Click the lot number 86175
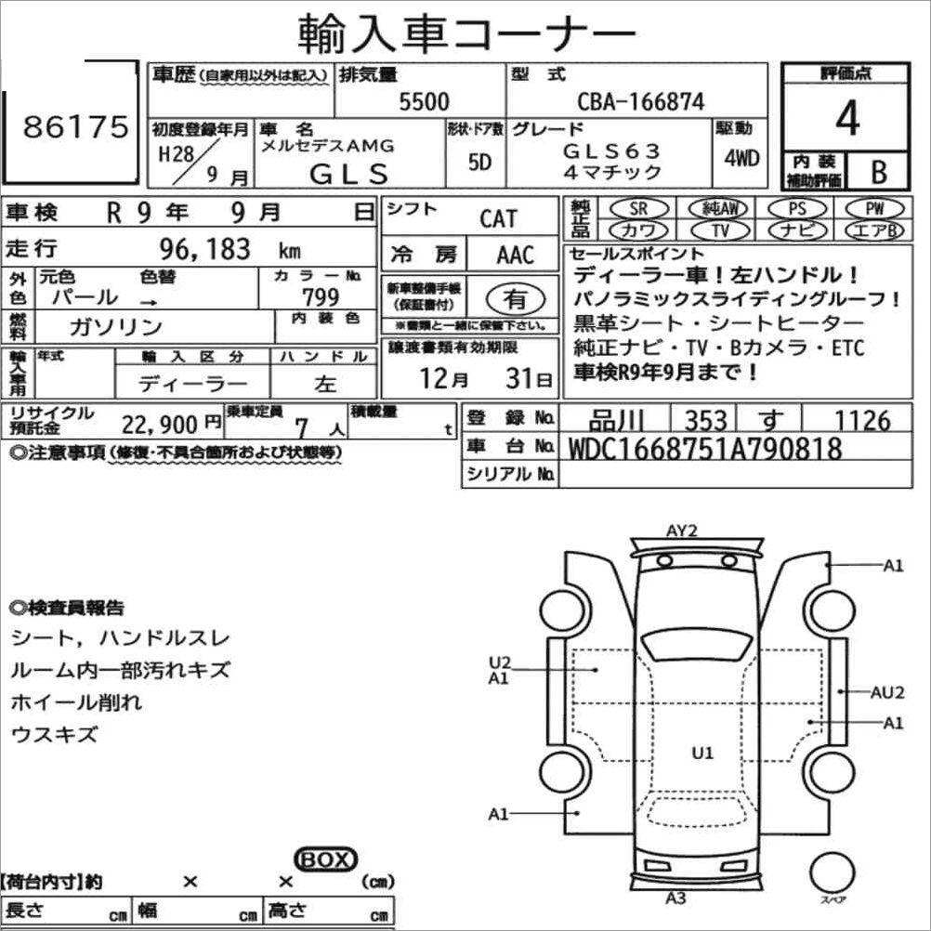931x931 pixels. click(x=76, y=126)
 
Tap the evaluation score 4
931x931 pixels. click(x=847, y=118)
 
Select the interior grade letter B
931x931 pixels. click(x=879, y=172)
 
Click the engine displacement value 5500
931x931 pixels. click(x=424, y=101)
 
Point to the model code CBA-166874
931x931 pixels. click(x=641, y=101)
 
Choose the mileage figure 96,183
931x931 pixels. click(x=204, y=249)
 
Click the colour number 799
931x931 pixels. click(x=321, y=296)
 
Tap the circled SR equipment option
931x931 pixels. click(x=639, y=208)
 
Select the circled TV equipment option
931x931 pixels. click(x=720, y=229)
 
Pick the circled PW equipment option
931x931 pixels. click(x=874, y=208)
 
